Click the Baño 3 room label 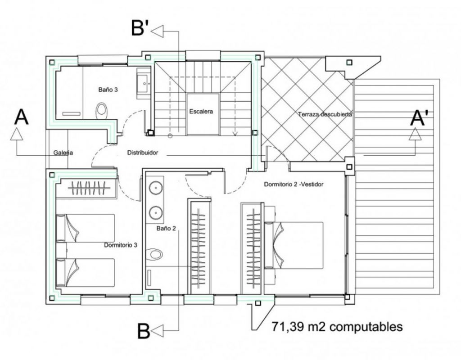pyautogui.click(x=108, y=90)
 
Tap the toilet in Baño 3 pyautogui.click(x=102, y=111)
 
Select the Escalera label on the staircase pyautogui.click(x=201, y=112)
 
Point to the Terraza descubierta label pyautogui.click(x=325, y=114)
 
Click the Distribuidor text pyautogui.click(x=143, y=153)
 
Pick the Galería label pyautogui.click(x=63, y=153)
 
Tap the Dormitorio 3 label pyautogui.click(x=121, y=245)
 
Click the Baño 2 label pyautogui.click(x=166, y=228)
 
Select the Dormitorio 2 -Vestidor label pyautogui.click(x=294, y=184)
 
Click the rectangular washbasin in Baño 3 pyautogui.click(x=144, y=83)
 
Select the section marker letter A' pyautogui.click(x=417, y=118)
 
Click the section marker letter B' pyautogui.click(x=140, y=28)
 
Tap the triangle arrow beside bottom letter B pyautogui.click(x=157, y=331)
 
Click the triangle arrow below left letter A pyautogui.click(x=17, y=134)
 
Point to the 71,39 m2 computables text pyautogui.click(x=337, y=327)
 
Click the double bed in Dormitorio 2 pyautogui.click(x=294, y=245)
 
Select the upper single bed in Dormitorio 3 pyautogui.click(x=85, y=228)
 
